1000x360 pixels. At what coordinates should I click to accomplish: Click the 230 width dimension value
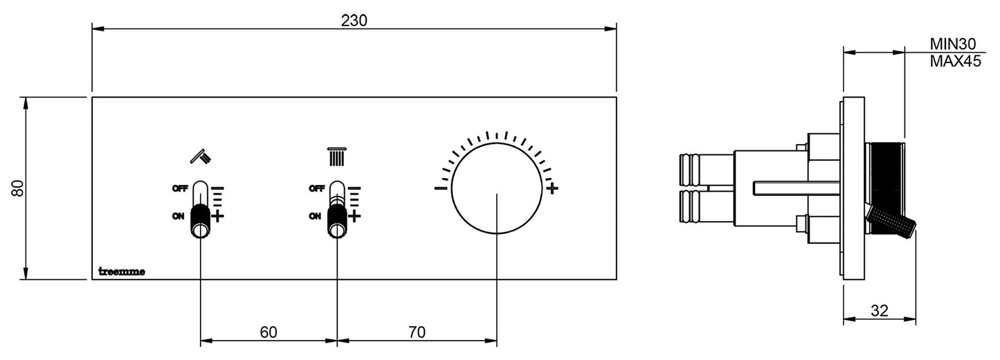[x=354, y=21]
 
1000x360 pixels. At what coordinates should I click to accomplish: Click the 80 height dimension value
[x=18, y=188]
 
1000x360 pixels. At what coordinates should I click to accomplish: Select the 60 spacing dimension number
[x=269, y=332]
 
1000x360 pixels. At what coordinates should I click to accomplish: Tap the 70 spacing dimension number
[x=417, y=332]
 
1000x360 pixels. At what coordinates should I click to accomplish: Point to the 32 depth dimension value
[x=880, y=310]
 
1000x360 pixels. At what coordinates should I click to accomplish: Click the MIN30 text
[x=953, y=44]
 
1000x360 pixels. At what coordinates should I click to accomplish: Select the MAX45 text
[x=956, y=61]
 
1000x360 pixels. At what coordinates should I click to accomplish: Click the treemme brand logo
[x=121, y=271]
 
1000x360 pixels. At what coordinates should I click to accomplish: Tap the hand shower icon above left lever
[x=201, y=156]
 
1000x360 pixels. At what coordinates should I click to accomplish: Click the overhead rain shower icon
[x=337, y=156]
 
